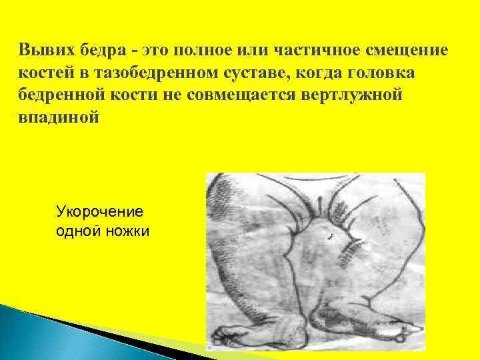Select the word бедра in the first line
coord(97,50)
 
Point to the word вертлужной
coord(353,95)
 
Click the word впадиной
coord(59,117)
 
